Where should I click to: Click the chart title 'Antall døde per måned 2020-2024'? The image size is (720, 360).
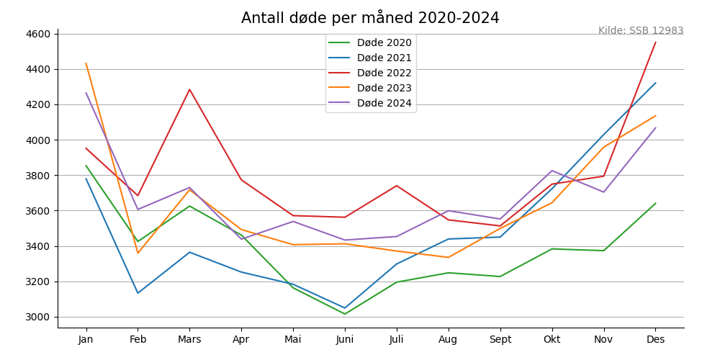(370, 18)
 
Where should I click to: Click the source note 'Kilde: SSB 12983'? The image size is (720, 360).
(641, 31)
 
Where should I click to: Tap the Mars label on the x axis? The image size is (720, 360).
(189, 339)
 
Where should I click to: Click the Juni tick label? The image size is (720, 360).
(345, 339)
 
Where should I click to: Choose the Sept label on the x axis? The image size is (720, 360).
(500, 339)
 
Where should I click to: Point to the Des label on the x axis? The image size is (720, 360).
(655, 339)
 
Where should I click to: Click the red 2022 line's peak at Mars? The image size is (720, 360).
(190, 89)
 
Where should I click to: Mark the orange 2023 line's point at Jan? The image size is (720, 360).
(86, 63)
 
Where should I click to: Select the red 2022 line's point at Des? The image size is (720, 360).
(655, 42)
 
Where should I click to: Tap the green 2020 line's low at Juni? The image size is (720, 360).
(345, 314)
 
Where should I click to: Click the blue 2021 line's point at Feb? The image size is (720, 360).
(138, 293)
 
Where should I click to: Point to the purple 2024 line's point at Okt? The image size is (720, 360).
(552, 171)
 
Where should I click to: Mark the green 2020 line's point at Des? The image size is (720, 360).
(655, 203)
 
